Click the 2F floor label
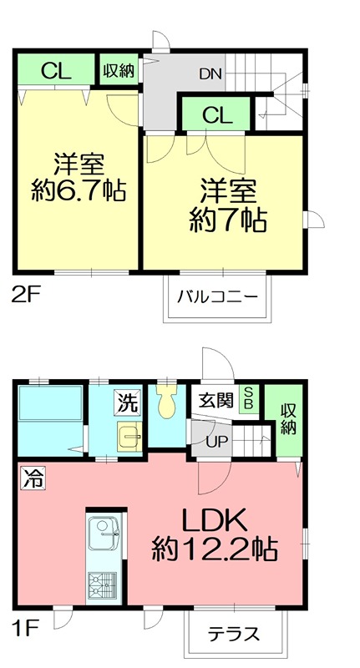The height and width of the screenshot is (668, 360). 23,294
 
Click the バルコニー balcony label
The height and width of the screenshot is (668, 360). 216,296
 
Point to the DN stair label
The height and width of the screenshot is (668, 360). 210,73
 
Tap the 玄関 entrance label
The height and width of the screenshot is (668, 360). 215,400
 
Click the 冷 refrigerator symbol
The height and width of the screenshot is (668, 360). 30,480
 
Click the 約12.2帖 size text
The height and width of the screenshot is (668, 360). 215,549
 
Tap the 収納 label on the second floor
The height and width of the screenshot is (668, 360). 119,71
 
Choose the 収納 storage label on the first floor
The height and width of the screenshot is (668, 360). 288,419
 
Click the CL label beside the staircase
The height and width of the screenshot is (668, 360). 215,115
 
